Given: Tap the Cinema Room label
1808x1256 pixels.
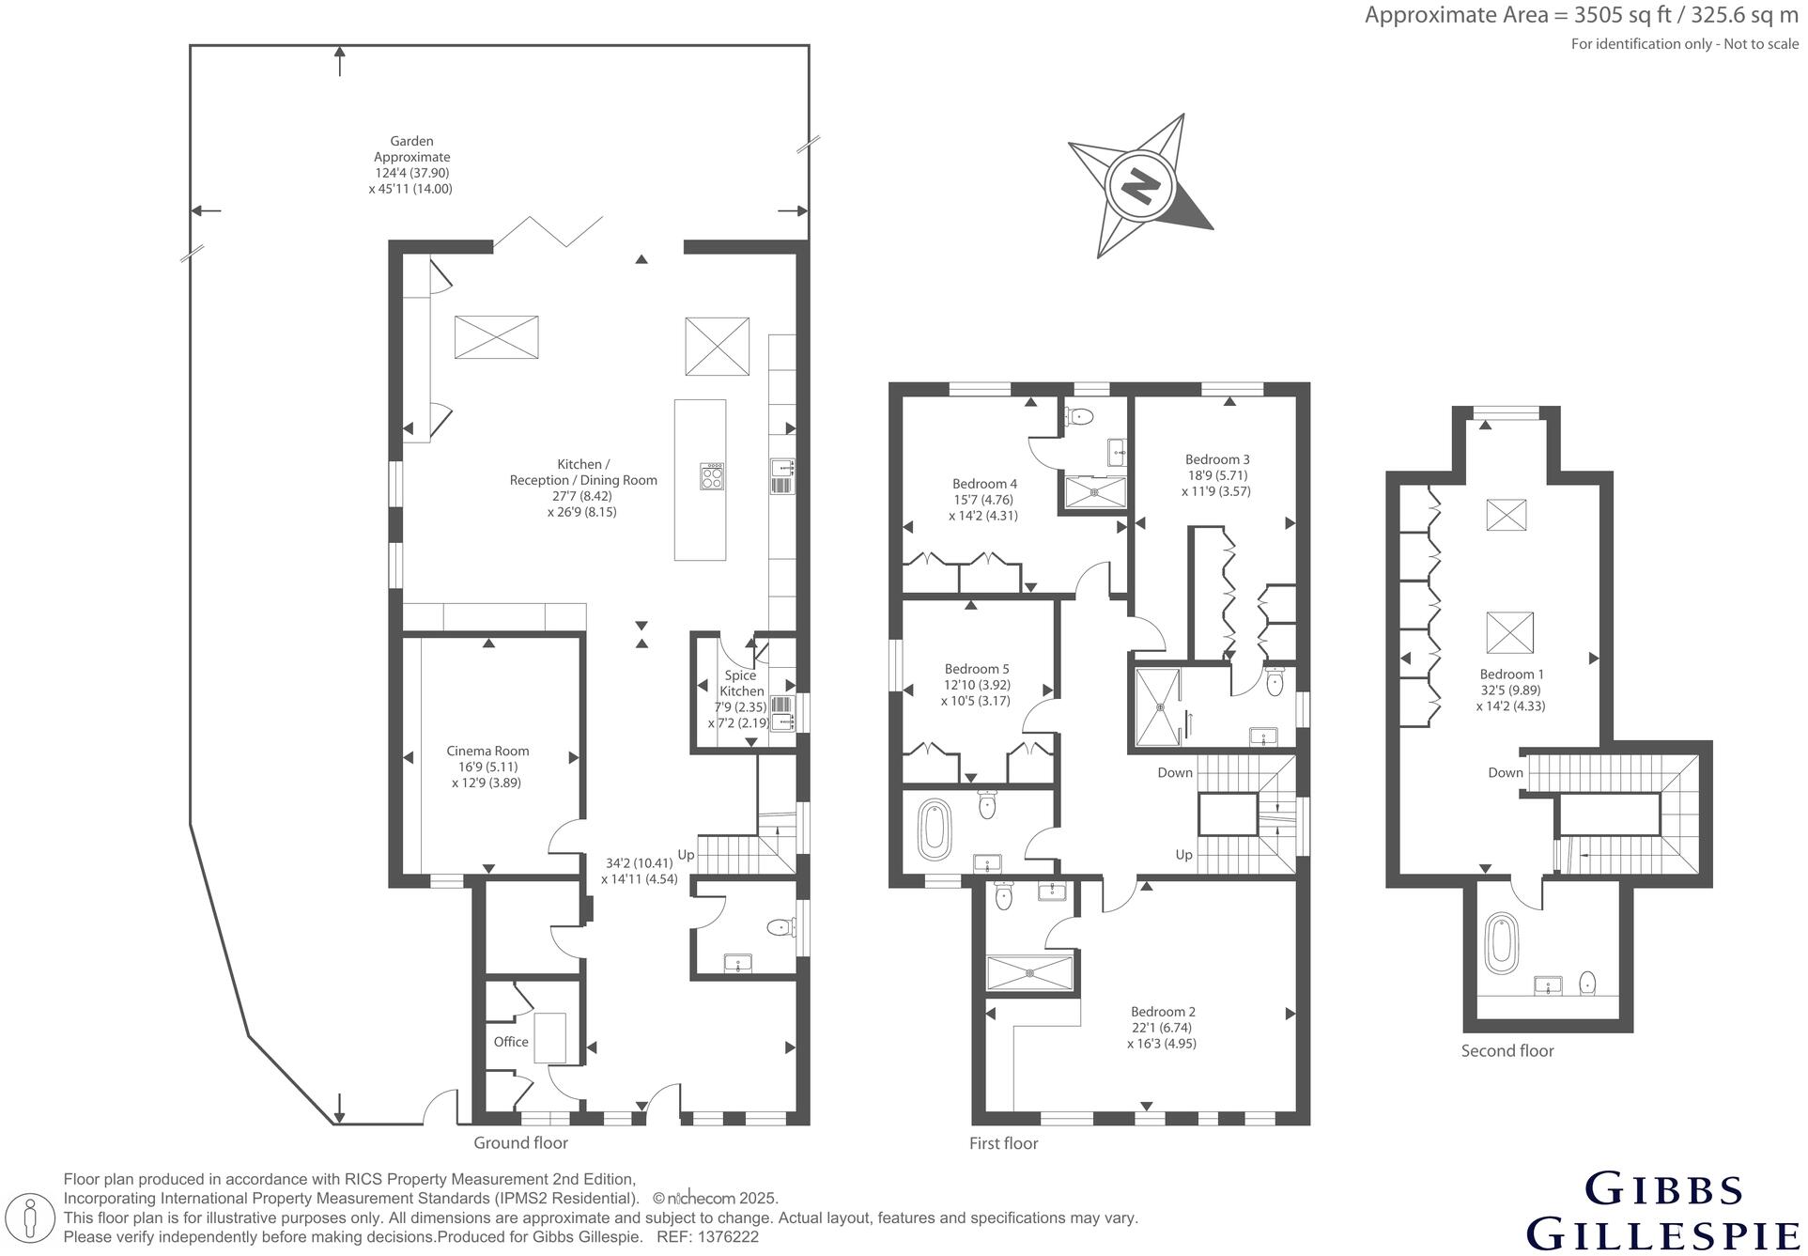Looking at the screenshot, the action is click(487, 751).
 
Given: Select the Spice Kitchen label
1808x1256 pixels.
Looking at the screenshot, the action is click(741, 683).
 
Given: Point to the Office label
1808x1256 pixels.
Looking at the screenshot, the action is click(511, 1042).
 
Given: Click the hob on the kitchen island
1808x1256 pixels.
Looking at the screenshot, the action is click(712, 477).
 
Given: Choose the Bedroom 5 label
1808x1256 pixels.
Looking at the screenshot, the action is click(977, 669).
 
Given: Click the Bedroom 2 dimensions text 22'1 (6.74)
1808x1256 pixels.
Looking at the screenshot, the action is click(1162, 1028).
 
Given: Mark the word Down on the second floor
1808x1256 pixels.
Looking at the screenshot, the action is click(1505, 772).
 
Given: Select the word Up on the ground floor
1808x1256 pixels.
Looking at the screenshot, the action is click(686, 855).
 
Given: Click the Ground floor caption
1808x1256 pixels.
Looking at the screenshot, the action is click(520, 1142).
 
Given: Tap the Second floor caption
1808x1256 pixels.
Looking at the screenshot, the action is click(1507, 1050).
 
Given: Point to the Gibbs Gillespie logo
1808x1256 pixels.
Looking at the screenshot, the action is click(1663, 1213).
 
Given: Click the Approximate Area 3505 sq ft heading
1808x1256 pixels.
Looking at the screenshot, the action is click(1582, 15).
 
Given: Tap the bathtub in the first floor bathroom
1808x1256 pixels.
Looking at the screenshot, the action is click(935, 830).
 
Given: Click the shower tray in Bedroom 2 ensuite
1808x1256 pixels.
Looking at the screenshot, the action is click(1029, 972).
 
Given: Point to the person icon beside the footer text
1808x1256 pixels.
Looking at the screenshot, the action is click(32, 1218).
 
